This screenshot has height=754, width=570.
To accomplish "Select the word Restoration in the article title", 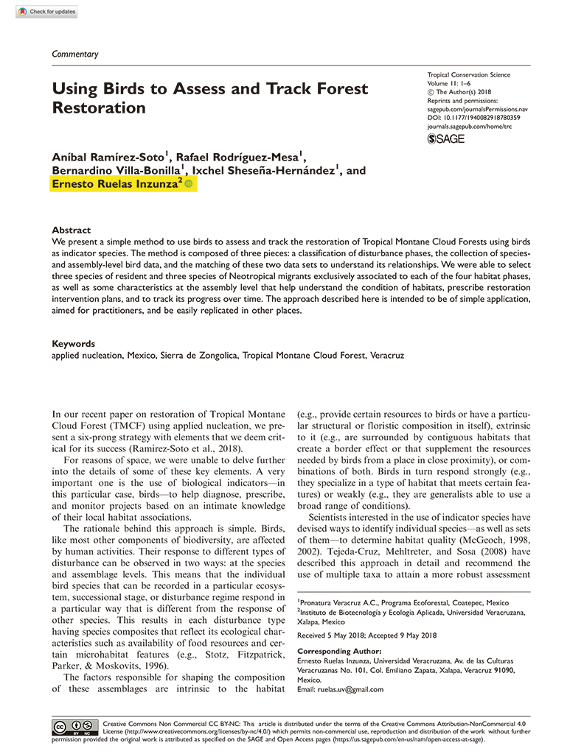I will click(99, 108).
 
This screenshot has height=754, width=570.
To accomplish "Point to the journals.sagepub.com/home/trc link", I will click(470, 126).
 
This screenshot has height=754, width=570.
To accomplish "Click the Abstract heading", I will click(72, 230).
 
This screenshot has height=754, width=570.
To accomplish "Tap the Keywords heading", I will click(74, 344).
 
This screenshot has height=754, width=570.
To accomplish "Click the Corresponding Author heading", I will click(338, 652).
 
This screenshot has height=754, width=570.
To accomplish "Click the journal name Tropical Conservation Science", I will click(468, 75).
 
